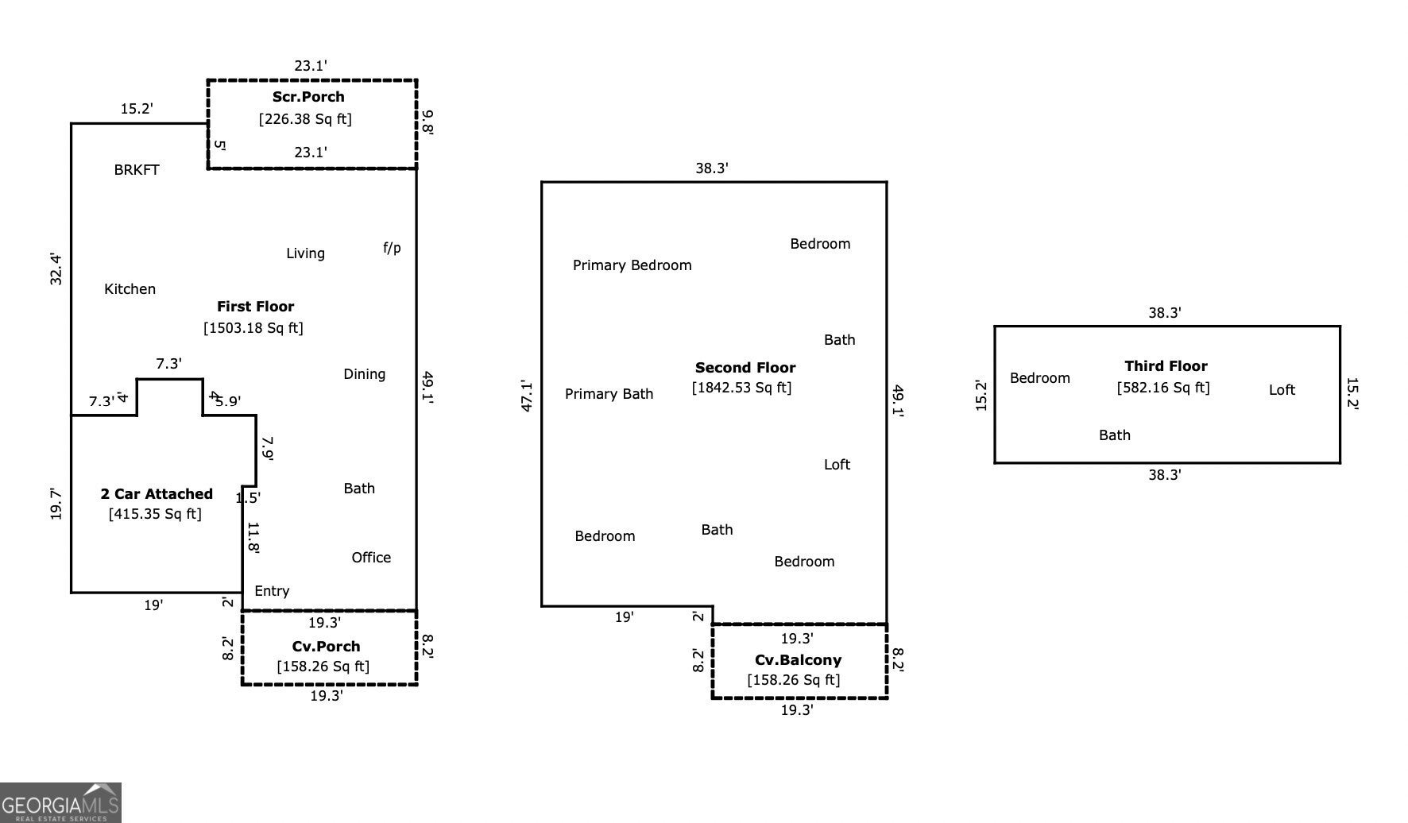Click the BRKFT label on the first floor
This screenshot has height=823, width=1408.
[x=137, y=170]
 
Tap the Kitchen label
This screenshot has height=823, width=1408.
[x=130, y=289]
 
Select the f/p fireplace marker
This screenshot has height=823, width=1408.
[x=392, y=248]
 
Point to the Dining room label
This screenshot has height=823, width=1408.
[x=364, y=374]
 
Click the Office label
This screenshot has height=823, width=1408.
[x=371, y=558]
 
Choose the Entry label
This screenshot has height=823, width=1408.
[x=272, y=591]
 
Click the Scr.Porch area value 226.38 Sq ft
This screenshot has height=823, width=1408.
[x=305, y=119]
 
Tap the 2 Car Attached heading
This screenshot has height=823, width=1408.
[x=157, y=494]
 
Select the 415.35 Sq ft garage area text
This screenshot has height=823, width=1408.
[x=155, y=514]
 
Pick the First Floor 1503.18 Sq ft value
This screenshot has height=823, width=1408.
[x=253, y=327]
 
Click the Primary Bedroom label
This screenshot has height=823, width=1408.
[x=632, y=265]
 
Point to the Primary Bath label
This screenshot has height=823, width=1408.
[x=609, y=394]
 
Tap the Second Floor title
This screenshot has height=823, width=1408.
[x=745, y=368]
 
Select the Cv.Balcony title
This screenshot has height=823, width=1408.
[x=798, y=660]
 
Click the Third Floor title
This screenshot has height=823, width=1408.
[x=1166, y=366]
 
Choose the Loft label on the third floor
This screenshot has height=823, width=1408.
[x=1282, y=390]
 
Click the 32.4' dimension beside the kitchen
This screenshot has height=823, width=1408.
[x=56, y=269]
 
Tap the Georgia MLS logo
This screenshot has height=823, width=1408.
[x=60, y=802]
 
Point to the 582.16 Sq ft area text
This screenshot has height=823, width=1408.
[x=1163, y=388]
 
